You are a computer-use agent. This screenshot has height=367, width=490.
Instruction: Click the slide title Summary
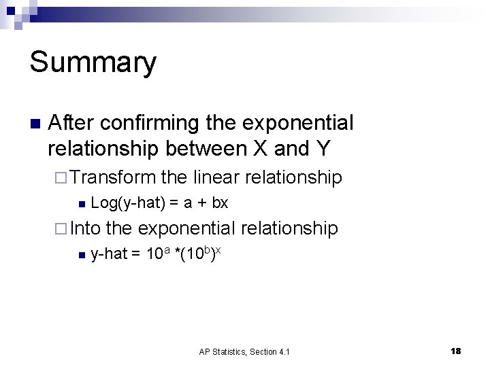[x=93, y=63]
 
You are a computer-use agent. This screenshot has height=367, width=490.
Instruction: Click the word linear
[x=216, y=177]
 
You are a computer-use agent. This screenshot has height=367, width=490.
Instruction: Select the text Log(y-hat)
[x=122, y=203]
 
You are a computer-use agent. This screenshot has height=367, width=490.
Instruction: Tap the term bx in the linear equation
[x=220, y=203]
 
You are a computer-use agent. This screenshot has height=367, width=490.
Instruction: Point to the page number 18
[x=455, y=351]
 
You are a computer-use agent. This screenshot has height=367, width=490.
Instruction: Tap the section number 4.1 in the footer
[x=283, y=351]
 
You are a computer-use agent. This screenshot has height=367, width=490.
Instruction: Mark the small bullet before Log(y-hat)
[x=81, y=203]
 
